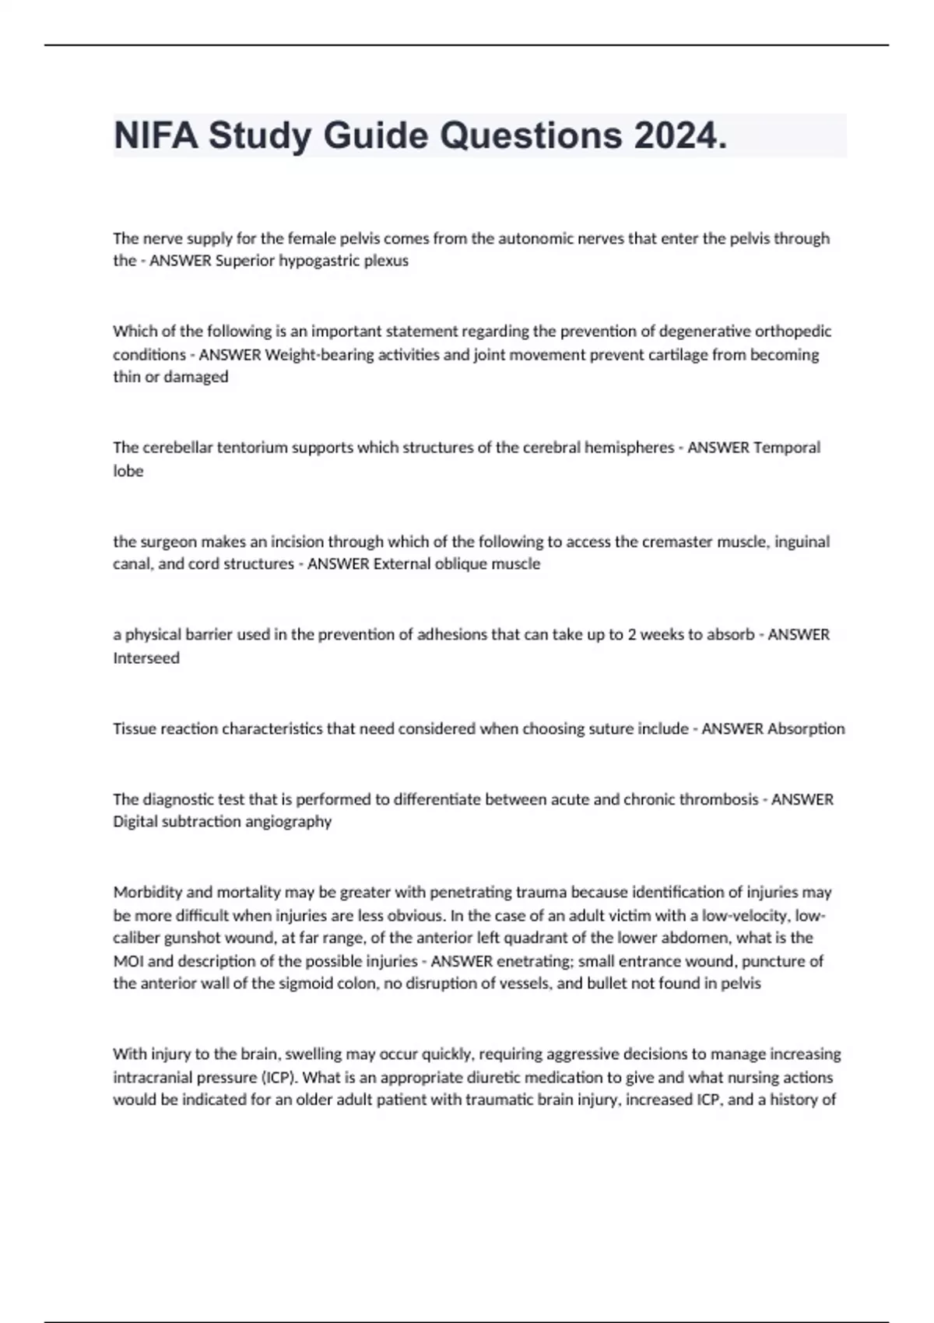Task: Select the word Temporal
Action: [787, 447]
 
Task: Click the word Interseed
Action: [146, 658]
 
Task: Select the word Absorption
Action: [806, 729]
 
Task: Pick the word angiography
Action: [293, 822]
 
